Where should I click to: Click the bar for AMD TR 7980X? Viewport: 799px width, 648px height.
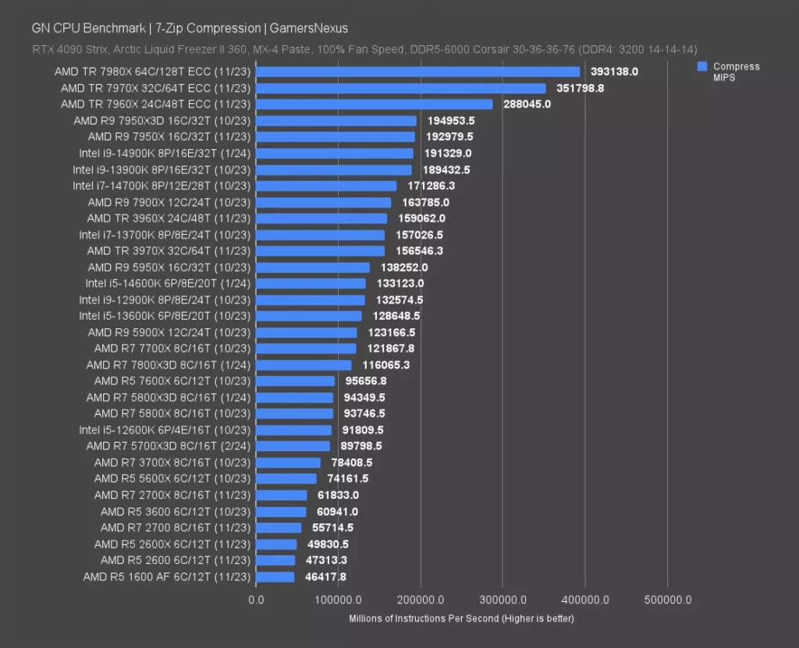pyautogui.click(x=418, y=72)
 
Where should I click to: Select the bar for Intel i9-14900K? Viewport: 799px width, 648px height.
pyautogui.click(x=335, y=154)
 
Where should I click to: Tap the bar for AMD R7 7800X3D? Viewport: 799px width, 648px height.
pyautogui.click(x=304, y=365)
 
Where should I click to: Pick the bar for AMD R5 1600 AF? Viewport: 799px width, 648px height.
pyautogui.click(x=275, y=577)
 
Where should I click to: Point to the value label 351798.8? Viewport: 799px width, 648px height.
pyautogui.click(x=580, y=88)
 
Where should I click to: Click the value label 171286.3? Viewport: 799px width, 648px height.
pyautogui.click(x=431, y=186)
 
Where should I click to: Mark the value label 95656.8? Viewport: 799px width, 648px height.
pyautogui.click(x=366, y=381)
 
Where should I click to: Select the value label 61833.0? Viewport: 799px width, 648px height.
pyautogui.click(x=338, y=495)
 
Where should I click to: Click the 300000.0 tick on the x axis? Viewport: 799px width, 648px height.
pyautogui.click(x=503, y=600)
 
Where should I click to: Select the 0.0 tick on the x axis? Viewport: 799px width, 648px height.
pyautogui.click(x=256, y=600)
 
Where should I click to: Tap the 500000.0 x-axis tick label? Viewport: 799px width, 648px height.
pyautogui.click(x=668, y=600)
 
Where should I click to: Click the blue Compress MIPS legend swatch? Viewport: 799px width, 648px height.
pyautogui.click(x=702, y=66)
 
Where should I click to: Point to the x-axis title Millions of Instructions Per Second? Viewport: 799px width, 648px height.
pyautogui.click(x=424, y=618)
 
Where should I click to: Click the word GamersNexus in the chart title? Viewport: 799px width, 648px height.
pyautogui.click(x=309, y=28)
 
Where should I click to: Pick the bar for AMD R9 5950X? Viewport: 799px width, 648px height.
pyautogui.click(x=313, y=267)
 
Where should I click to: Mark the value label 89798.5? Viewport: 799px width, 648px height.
pyautogui.click(x=360, y=446)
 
